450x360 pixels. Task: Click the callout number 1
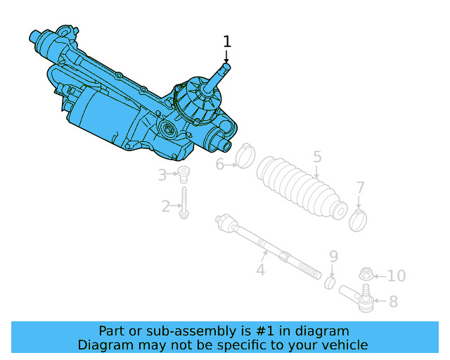(226, 41)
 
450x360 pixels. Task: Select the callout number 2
(166, 206)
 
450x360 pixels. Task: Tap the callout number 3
(162, 174)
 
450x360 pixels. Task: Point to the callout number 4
(260, 269)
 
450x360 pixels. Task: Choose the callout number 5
(317, 157)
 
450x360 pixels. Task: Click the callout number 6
(219, 165)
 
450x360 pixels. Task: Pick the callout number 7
(360, 188)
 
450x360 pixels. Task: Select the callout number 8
(393, 302)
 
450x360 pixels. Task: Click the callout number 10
(397, 276)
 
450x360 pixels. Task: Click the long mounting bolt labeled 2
(184, 203)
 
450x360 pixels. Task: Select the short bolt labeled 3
(184, 174)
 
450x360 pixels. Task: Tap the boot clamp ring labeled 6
(244, 156)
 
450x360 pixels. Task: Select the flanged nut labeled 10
(366, 274)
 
